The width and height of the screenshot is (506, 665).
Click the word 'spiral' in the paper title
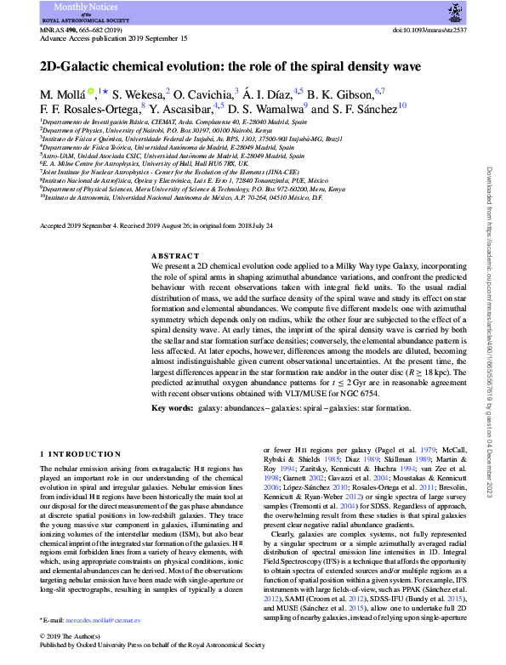pyautogui.click(x=315, y=65)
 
